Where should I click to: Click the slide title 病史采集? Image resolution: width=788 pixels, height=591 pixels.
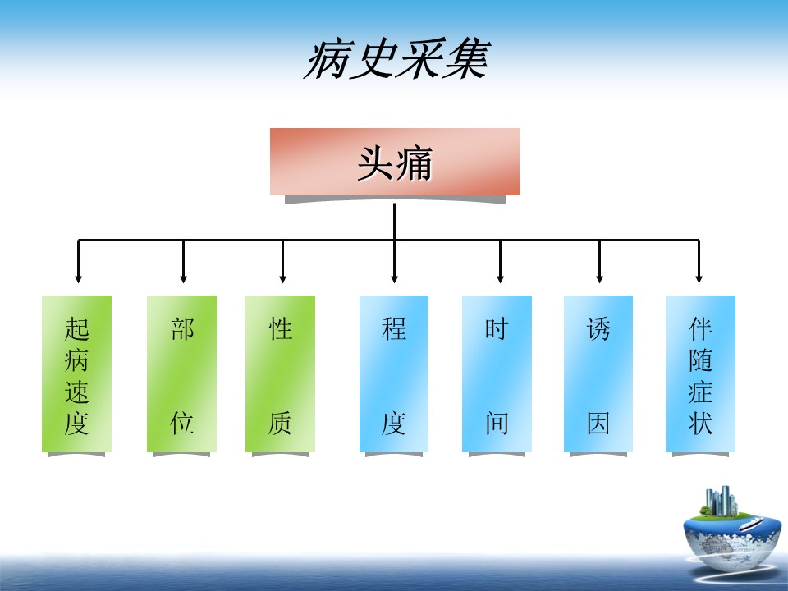pyautogui.click(x=396, y=59)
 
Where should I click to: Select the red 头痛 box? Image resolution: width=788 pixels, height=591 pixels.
pyautogui.click(x=395, y=162)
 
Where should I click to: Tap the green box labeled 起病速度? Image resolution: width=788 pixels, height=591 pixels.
pyautogui.click(x=76, y=373)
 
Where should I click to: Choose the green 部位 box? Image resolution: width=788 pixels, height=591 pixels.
pyautogui.click(x=181, y=373)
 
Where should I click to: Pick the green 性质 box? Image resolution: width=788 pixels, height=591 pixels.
pyautogui.click(x=280, y=373)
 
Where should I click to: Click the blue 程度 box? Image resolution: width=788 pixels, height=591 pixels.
pyautogui.click(x=394, y=373)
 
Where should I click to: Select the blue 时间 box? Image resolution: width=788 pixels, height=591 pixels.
pyautogui.click(x=497, y=373)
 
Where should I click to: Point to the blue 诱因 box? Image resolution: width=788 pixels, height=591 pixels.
pyautogui.click(x=598, y=373)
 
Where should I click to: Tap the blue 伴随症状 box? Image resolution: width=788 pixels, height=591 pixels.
pyautogui.click(x=700, y=373)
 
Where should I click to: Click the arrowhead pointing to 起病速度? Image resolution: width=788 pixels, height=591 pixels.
pyautogui.click(x=78, y=278)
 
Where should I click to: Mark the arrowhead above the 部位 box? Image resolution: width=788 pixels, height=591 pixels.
pyautogui.click(x=183, y=278)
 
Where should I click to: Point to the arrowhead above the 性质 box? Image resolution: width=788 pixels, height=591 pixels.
pyautogui.click(x=283, y=278)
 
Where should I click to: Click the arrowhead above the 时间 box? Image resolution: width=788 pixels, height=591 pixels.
pyautogui.click(x=500, y=278)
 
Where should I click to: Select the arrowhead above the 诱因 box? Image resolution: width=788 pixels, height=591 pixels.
pyautogui.click(x=599, y=278)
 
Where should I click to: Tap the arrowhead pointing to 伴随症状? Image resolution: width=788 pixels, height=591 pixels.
pyautogui.click(x=699, y=278)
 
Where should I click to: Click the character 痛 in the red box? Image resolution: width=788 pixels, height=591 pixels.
pyautogui.click(x=414, y=163)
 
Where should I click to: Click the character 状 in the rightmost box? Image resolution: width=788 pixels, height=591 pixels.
pyautogui.click(x=700, y=424)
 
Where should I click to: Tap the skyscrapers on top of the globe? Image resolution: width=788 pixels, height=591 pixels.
pyautogui.click(x=722, y=501)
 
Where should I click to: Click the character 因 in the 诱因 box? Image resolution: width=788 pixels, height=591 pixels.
pyautogui.click(x=598, y=424)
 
